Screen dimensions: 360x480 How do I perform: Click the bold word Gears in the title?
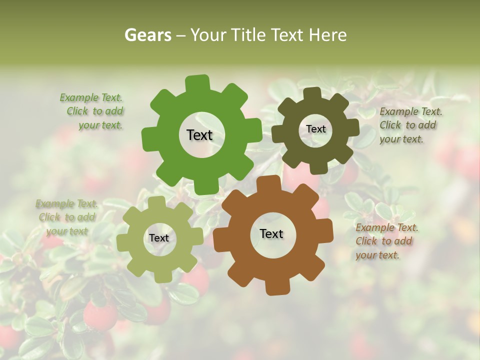[147, 35]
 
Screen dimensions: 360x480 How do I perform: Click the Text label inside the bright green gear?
[199, 135]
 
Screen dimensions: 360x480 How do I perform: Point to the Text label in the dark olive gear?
[315, 129]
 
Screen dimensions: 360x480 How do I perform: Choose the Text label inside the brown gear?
[271, 233]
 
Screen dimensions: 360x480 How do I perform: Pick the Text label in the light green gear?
[159, 238]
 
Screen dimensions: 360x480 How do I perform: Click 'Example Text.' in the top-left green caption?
[91, 97]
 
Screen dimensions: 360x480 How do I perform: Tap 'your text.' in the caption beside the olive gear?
[401, 139]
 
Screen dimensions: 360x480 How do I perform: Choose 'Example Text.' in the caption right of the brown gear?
[387, 228]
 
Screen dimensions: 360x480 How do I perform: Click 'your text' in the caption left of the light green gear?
[66, 231]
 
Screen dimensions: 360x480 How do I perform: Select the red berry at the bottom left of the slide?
[99, 316]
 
